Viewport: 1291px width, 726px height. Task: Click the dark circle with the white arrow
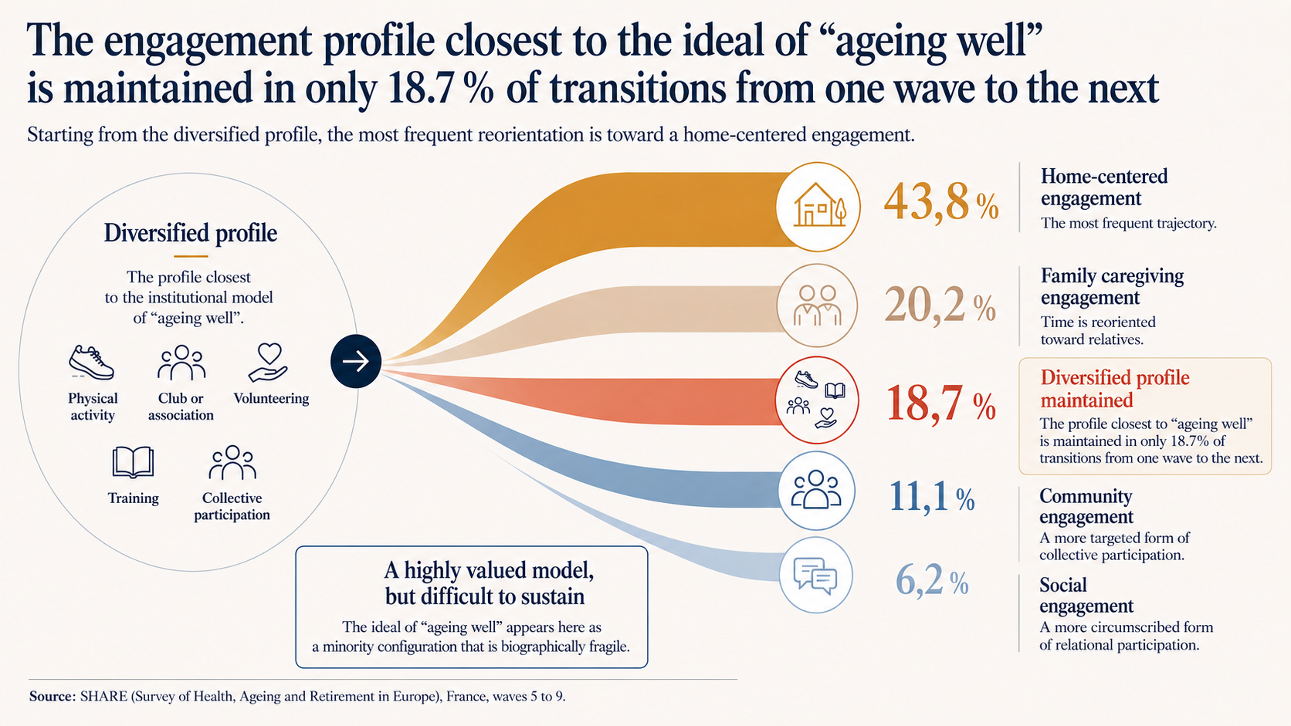click(x=356, y=361)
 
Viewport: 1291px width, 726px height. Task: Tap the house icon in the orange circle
click(x=819, y=204)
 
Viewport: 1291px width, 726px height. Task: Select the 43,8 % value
click(x=940, y=202)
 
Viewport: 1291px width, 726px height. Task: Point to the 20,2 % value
click(x=940, y=305)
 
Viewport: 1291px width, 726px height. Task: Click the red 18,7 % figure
click(x=941, y=403)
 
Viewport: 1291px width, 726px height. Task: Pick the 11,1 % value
click(x=932, y=496)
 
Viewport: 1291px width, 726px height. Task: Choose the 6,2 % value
click(x=932, y=580)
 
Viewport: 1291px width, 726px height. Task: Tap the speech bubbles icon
click(x=815, y=576)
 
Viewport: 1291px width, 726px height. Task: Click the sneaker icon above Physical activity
click(x=91, y=362)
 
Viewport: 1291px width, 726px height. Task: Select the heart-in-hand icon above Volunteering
click(x=269, y=363)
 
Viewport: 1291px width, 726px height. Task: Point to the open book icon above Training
click(x=133, y=461)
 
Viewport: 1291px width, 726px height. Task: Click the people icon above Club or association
click(x=181, y=363)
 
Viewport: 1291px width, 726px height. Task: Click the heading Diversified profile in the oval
click(x=190, y=233)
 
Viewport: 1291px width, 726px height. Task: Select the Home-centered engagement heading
click(x=1104, y=187)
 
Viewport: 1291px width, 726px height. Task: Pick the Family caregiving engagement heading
click(x=1112, y=286)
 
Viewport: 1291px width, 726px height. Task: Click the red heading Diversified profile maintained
click(x=1115, y=389)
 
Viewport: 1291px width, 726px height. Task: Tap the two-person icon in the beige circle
click(x=817, y=306)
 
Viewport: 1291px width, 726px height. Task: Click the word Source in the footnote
click(x=52, y=696)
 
